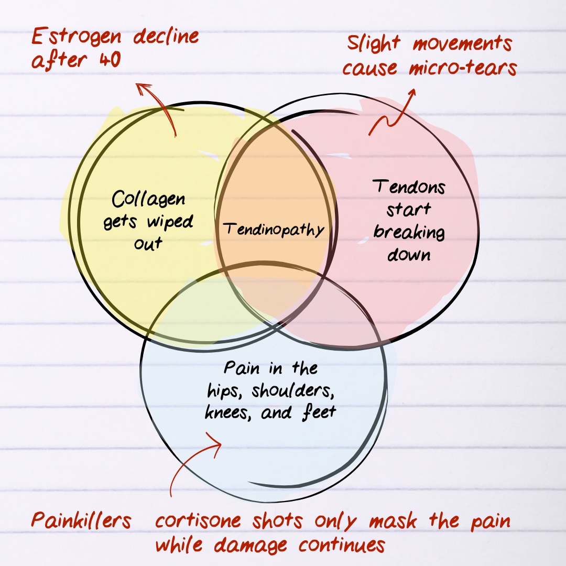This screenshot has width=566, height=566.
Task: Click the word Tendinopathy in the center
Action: pyautogui.click(x=273, y=229)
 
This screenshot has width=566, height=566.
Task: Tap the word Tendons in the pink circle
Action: pyautogui.click(x=409, y=187)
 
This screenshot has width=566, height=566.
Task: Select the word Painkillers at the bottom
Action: pyautogui.click(x=81, y=520)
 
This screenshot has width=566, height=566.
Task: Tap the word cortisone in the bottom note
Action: pyautogui.click(x=198, y=521)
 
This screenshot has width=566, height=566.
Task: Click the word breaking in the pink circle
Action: pyautogui.click(x=409, y=232)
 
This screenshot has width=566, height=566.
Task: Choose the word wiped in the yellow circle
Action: pyautogui.click(x=169, y=222)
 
